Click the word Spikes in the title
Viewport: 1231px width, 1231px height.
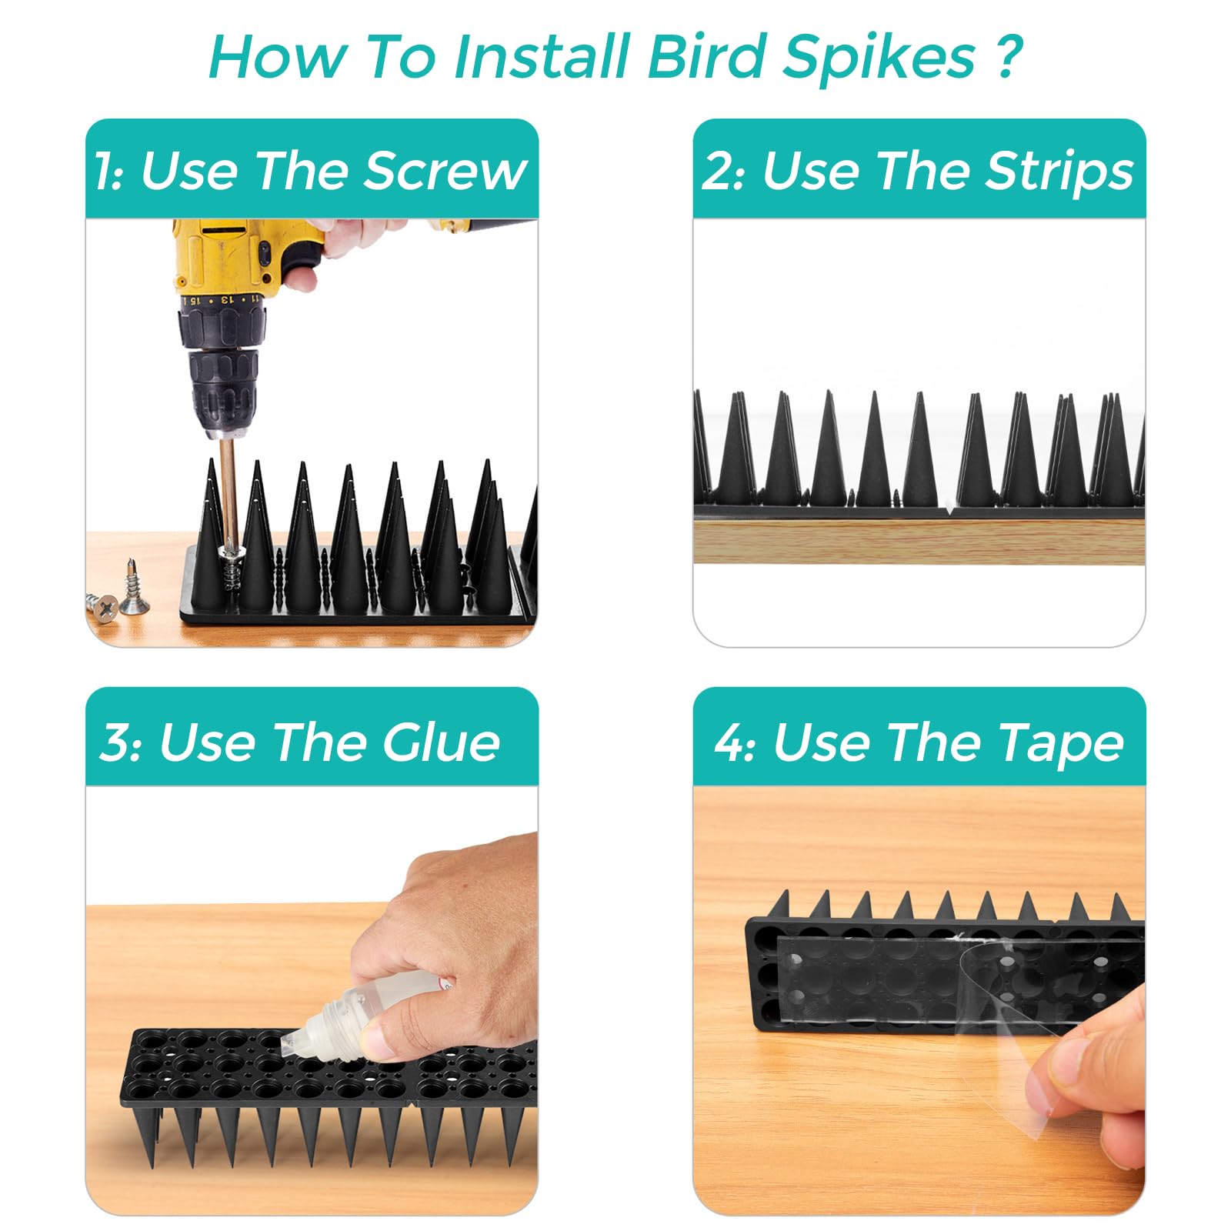(879, 58)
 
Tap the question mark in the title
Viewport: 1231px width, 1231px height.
(1007, 55)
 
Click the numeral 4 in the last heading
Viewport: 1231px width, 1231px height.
(727, 742)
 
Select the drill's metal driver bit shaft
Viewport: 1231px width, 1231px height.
(228, 492)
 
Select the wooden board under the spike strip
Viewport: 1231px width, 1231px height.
(919, 542)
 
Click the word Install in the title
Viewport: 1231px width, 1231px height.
(542, 57)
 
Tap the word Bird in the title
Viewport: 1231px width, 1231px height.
(706, 57)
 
